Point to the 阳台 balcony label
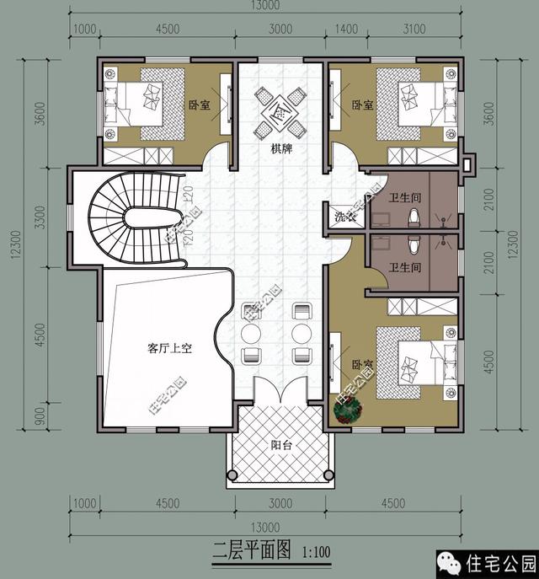tap(280, 446)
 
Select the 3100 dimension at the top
tap(415, 29)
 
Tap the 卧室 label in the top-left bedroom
tap(200, 105)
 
